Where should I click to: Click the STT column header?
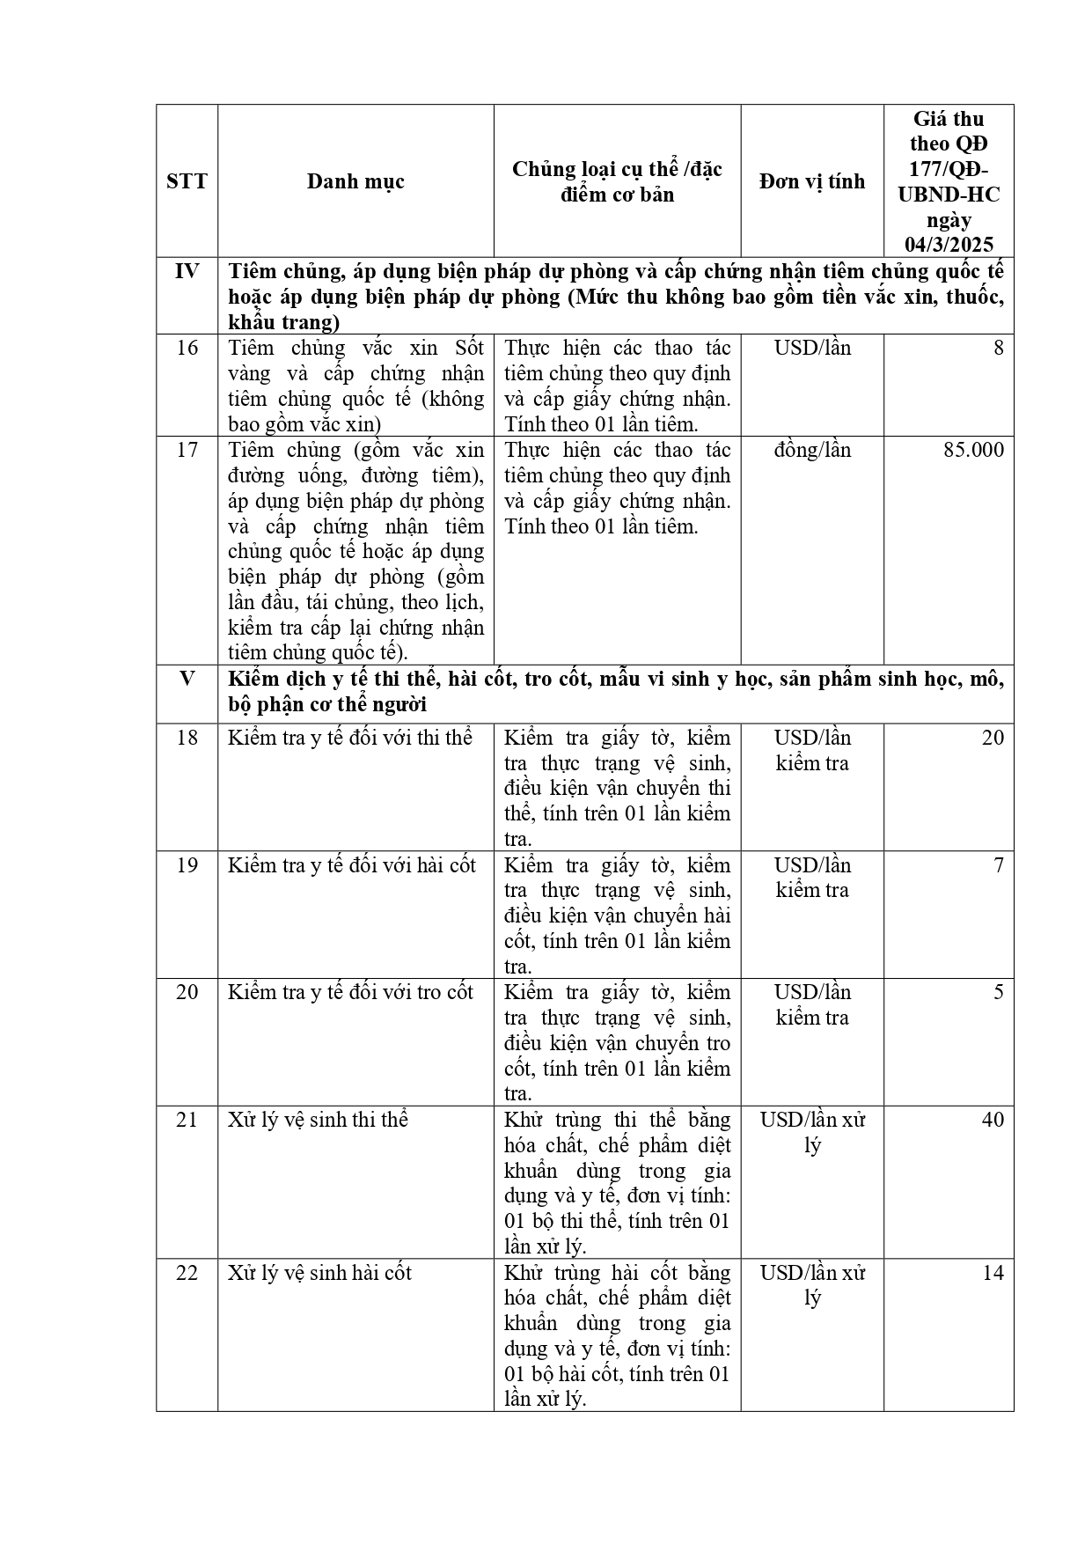[187, 181]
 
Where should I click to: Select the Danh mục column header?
[355, 181]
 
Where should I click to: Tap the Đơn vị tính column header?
[812, 181]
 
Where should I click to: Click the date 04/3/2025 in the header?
[949, 245]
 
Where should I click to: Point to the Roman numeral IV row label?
[187, 271]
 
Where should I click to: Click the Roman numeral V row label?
[187, 679]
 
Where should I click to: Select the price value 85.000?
[973, 450]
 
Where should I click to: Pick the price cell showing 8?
[998, 348]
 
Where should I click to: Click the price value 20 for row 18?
[993, 738]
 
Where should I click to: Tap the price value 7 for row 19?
[998, 865]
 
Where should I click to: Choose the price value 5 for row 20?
[998, 992]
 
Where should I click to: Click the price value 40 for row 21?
[993, 1120]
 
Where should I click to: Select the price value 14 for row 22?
[993, 1273]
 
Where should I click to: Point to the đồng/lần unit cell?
[812, 450]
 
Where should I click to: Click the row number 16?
[187, 348]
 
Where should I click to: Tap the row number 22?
[187, 1273]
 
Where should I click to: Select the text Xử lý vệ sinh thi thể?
[318, 1120]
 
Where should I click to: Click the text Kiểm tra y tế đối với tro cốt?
[350, 992]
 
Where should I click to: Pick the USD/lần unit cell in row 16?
[812, 348]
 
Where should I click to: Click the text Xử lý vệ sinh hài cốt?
[319, 1273]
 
